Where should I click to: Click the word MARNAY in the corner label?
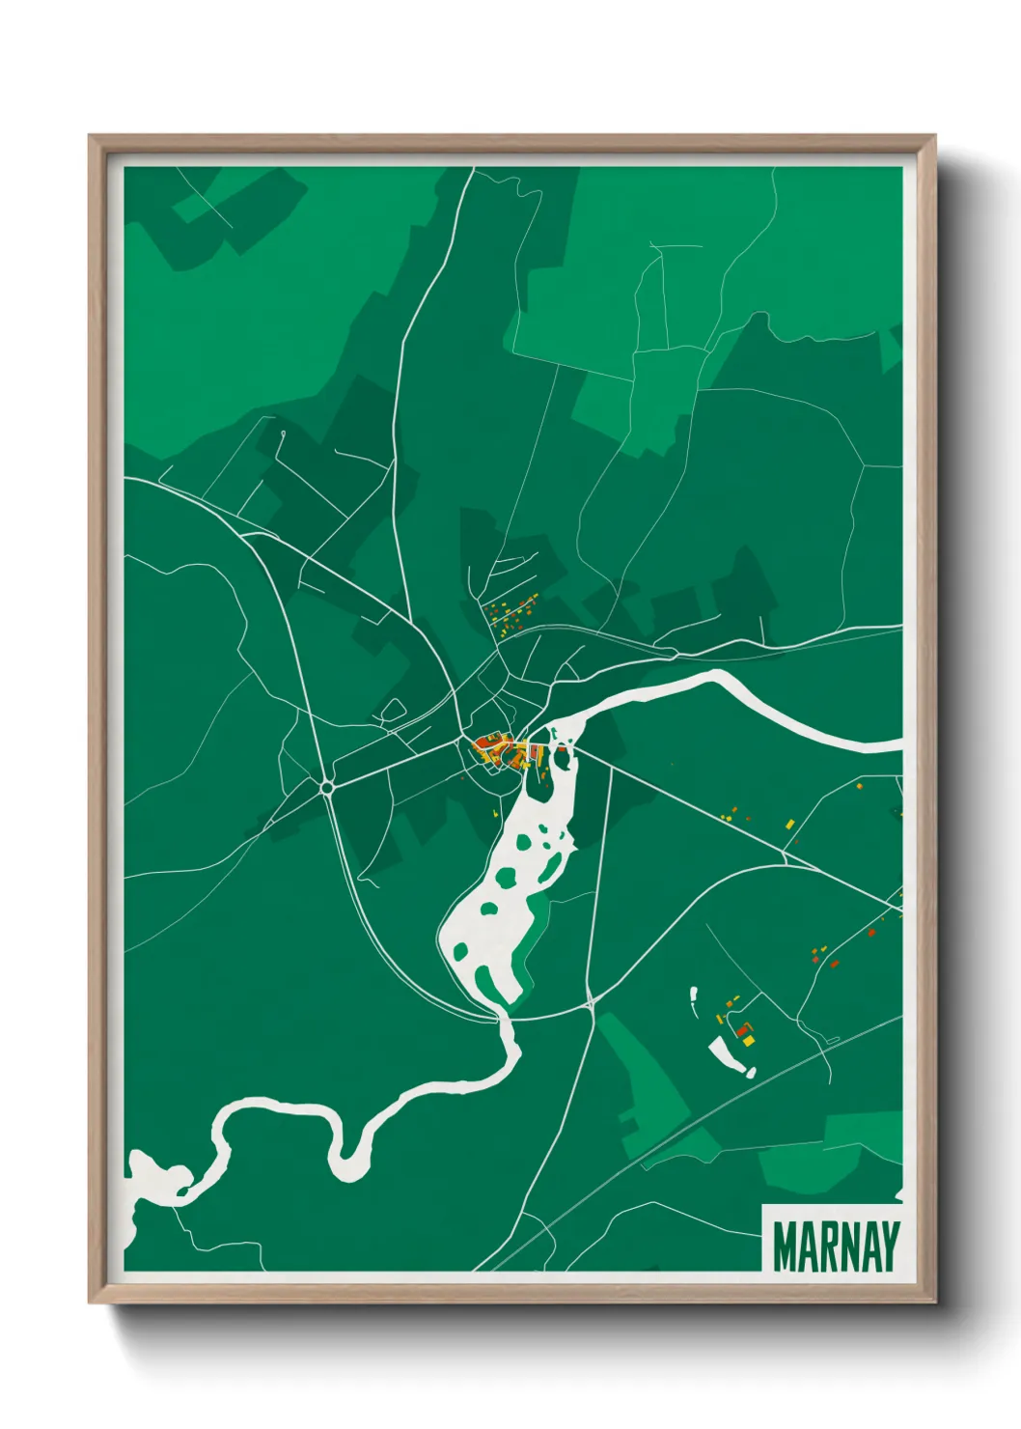pos(836,1247)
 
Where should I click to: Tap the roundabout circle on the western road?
pos(327,788)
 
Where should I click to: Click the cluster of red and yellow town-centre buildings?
pos(498,750)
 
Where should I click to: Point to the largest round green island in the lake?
pos(506,878)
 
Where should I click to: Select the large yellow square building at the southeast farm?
pos(748,1041)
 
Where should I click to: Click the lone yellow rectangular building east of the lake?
pos(789,824)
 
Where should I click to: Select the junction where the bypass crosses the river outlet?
pos(499,1015)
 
